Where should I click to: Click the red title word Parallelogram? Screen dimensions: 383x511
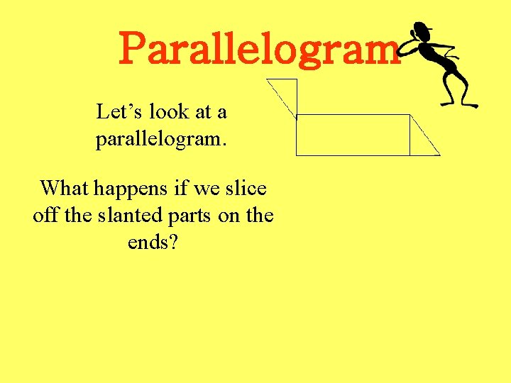(260, 50)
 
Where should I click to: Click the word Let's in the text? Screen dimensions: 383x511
(114, 112)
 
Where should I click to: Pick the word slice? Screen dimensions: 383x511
(245, 189)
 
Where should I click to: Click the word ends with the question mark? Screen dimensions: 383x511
(153, 243)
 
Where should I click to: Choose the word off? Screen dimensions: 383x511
(45, 216)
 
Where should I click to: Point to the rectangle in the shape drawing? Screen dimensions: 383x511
(353, 134)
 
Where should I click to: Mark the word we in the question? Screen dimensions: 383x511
(206, 189)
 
